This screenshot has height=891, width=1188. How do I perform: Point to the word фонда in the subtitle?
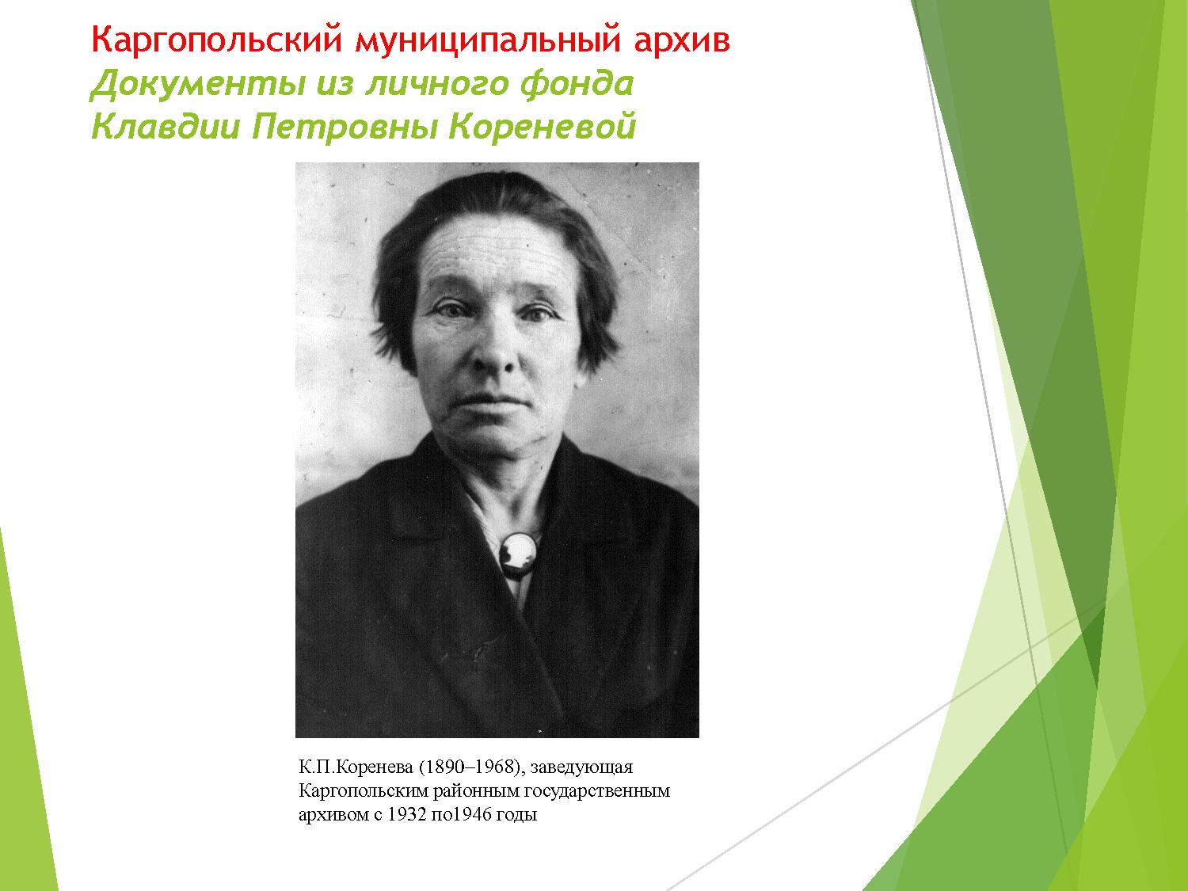pyautogui.click(x=577, y=85)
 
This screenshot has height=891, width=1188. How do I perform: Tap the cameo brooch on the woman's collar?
pyautogui.click(x=518, y=554)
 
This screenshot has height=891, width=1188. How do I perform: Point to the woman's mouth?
pyautogui.click(x=496, y=402)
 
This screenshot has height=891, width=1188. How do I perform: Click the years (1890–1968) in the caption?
pyautogui.click(x=470, y=767)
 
